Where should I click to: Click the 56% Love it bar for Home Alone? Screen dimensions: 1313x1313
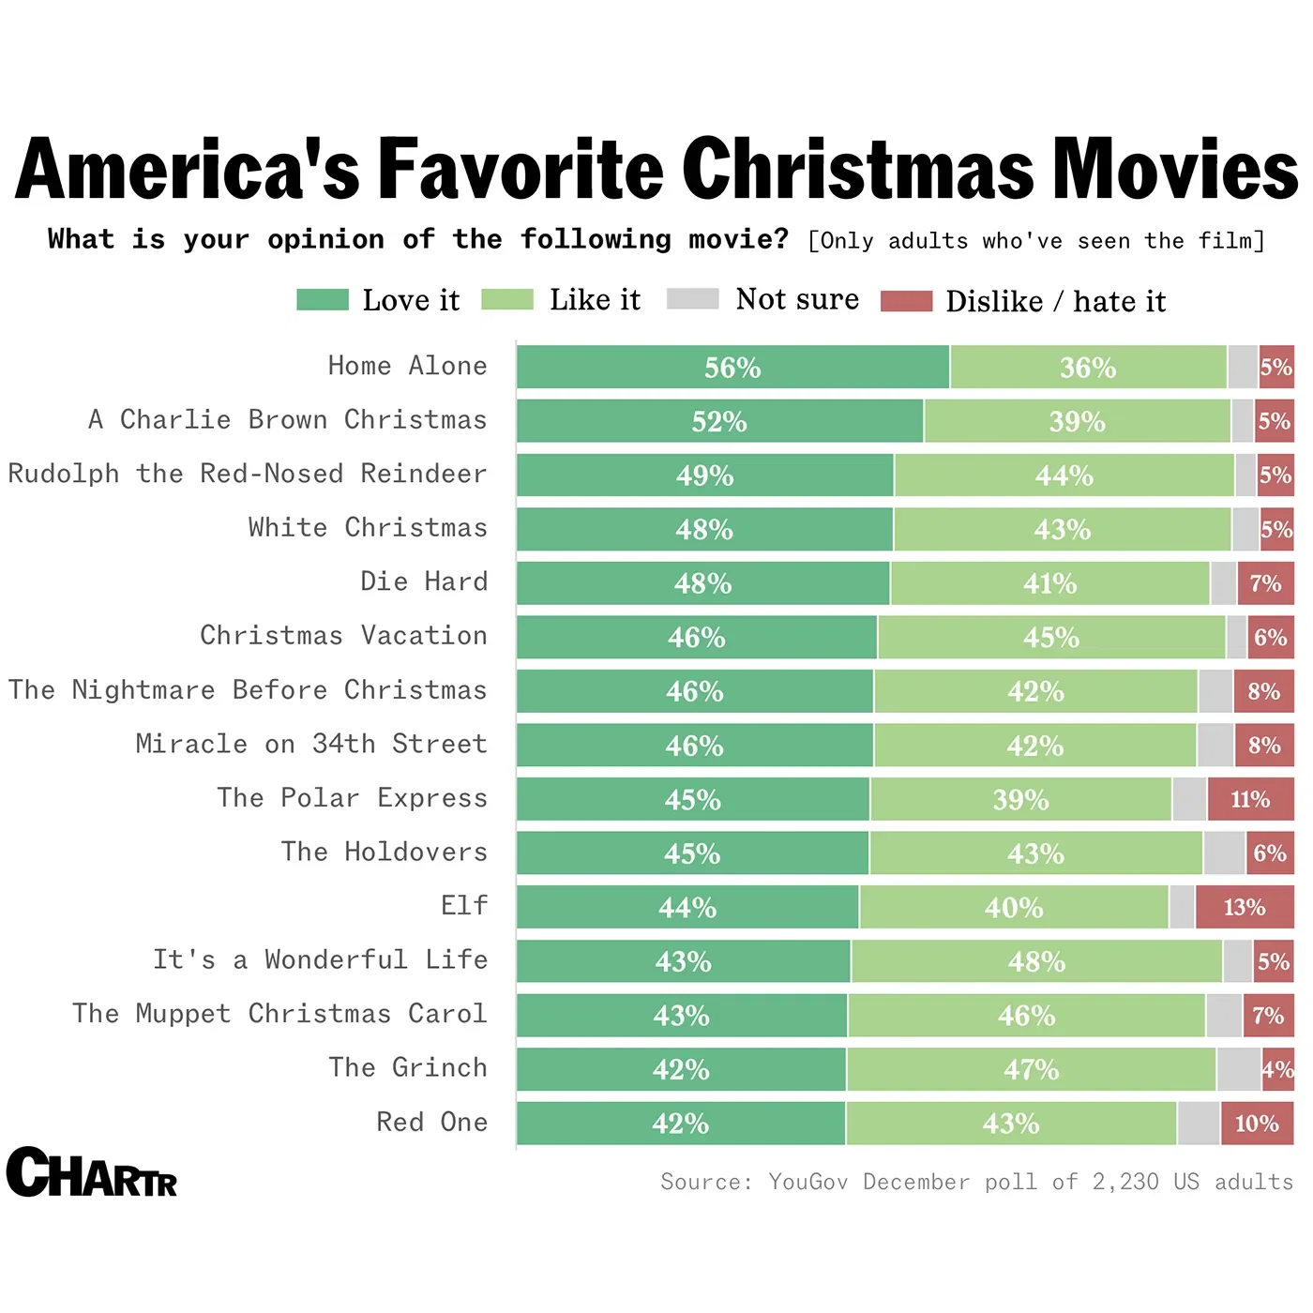[x=732, y=367]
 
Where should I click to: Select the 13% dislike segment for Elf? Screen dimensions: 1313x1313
[x=1245, y=907]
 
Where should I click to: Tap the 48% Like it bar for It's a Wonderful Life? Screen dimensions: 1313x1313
[x=1036, y=961]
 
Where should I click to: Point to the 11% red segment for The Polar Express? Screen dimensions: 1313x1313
[x=1250, y=799]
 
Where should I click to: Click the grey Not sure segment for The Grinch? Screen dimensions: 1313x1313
[x=1238, y=1069]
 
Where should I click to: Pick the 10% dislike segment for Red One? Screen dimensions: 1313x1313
[x=1257, y=1124]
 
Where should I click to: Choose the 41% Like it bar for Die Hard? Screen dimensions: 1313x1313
[x=1049, y=583]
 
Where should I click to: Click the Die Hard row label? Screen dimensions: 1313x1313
[x=424, y=581]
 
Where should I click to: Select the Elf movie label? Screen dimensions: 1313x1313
[x=464, y=905]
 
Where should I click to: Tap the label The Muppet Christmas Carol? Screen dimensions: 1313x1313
[x=279, y=1014]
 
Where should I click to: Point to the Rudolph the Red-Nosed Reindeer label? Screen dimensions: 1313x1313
[x=248, y=474]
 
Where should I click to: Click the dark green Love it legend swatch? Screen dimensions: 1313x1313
[x=322, y=300]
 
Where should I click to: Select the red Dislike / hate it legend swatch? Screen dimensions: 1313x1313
[x=906, y=301]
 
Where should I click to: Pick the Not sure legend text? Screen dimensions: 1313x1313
[x=797, y=299]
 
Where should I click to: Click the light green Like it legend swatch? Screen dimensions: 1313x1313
[x=506, y=300]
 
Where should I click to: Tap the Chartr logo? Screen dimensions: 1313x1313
[x=91, y=1172]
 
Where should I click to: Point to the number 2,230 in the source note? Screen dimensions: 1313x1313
[x=1125, y=1182]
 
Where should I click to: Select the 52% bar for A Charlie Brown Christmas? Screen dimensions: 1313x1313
[x=719, y=421]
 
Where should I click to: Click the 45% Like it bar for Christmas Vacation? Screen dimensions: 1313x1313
[x=1050, y=638]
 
